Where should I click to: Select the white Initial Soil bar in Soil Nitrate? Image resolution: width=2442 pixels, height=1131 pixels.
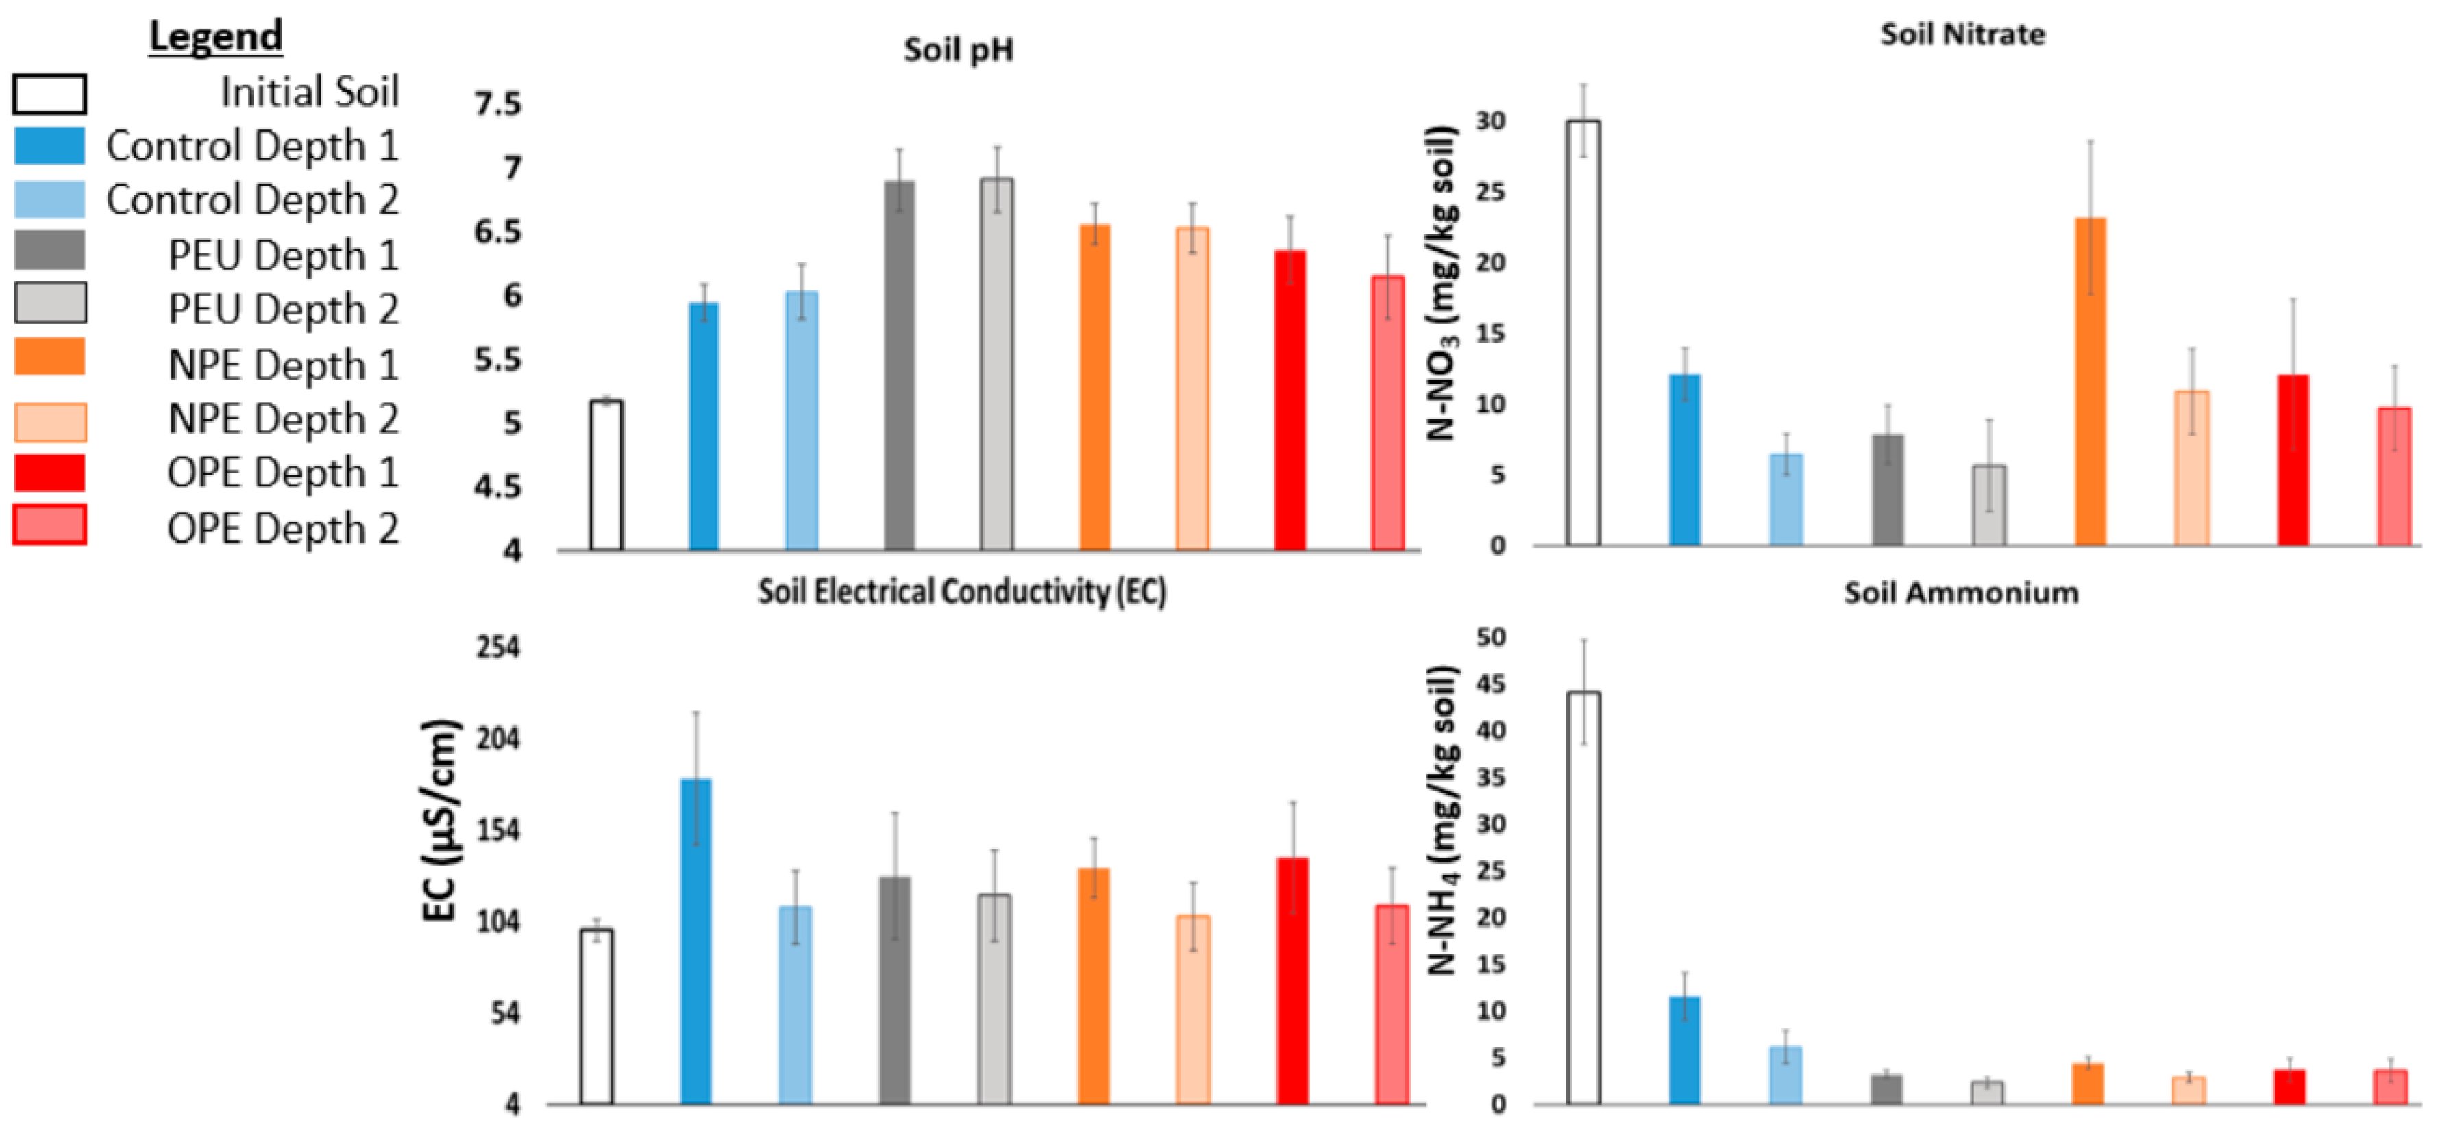1583,332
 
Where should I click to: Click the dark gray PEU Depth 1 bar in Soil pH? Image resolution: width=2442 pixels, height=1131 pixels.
900,365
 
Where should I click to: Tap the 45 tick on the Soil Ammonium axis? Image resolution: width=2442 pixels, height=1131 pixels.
1490,684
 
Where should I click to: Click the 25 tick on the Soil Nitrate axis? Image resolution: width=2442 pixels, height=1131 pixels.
1490,192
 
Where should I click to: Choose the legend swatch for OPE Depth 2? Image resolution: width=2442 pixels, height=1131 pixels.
50,524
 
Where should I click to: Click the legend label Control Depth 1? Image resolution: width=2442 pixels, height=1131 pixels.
252,146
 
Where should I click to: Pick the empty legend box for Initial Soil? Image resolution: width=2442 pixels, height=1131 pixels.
50,94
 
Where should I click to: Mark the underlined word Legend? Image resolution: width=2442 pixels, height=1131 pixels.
216,36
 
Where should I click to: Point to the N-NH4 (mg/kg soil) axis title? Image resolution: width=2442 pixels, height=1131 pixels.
1442,820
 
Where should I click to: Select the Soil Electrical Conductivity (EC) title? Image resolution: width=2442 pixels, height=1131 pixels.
961,592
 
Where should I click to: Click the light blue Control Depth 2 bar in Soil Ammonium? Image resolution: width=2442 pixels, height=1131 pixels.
1786,1075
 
